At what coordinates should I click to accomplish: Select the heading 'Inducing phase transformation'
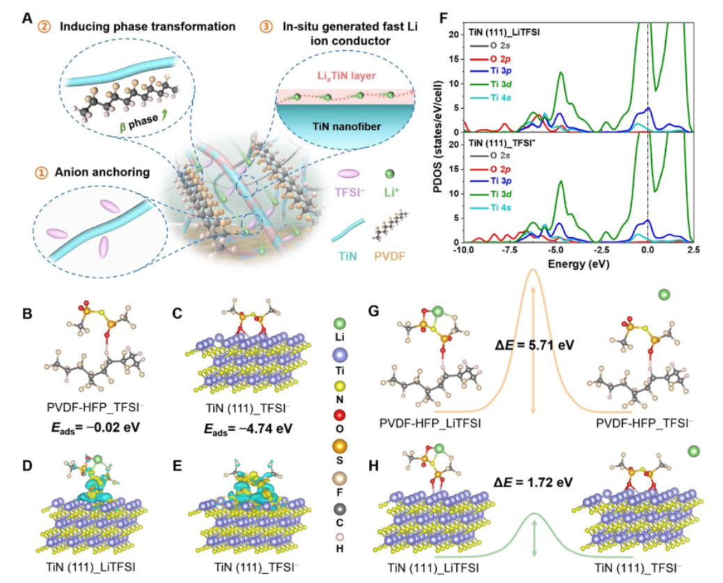coord(146,27)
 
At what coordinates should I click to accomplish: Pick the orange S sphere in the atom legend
coord(339,444)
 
